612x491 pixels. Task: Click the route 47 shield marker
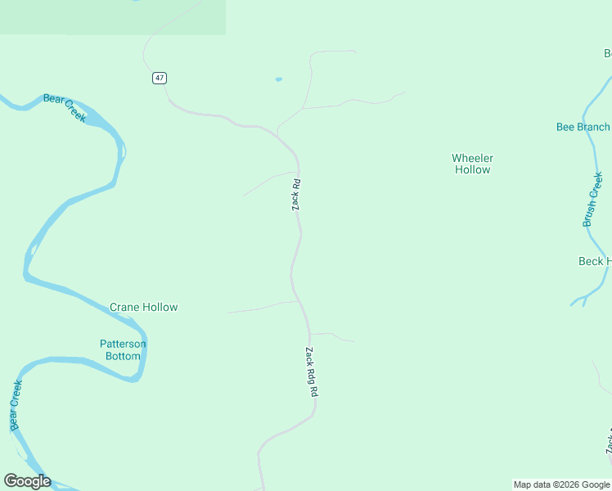pos(159,78)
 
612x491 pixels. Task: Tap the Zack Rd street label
pos(297,196)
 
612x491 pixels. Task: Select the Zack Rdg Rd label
pos(311,372)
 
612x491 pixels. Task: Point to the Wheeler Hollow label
pos(472,164)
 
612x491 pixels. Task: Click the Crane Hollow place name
pos(144,308)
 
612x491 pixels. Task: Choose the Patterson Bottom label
pos(123,349)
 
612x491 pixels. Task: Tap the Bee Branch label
pos(583,127)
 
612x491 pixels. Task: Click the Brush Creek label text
pos(593,199)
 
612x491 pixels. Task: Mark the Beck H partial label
pos(594,262)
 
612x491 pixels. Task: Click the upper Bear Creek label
pos(65,108)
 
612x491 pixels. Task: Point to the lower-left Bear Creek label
pos(16,405)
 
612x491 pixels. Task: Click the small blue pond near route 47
pos(279,79)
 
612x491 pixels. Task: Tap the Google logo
pos(27,481)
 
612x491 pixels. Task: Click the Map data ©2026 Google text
pos(561,484)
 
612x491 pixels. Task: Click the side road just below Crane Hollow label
pos(262,308)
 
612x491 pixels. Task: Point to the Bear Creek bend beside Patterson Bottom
pos(141,360)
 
